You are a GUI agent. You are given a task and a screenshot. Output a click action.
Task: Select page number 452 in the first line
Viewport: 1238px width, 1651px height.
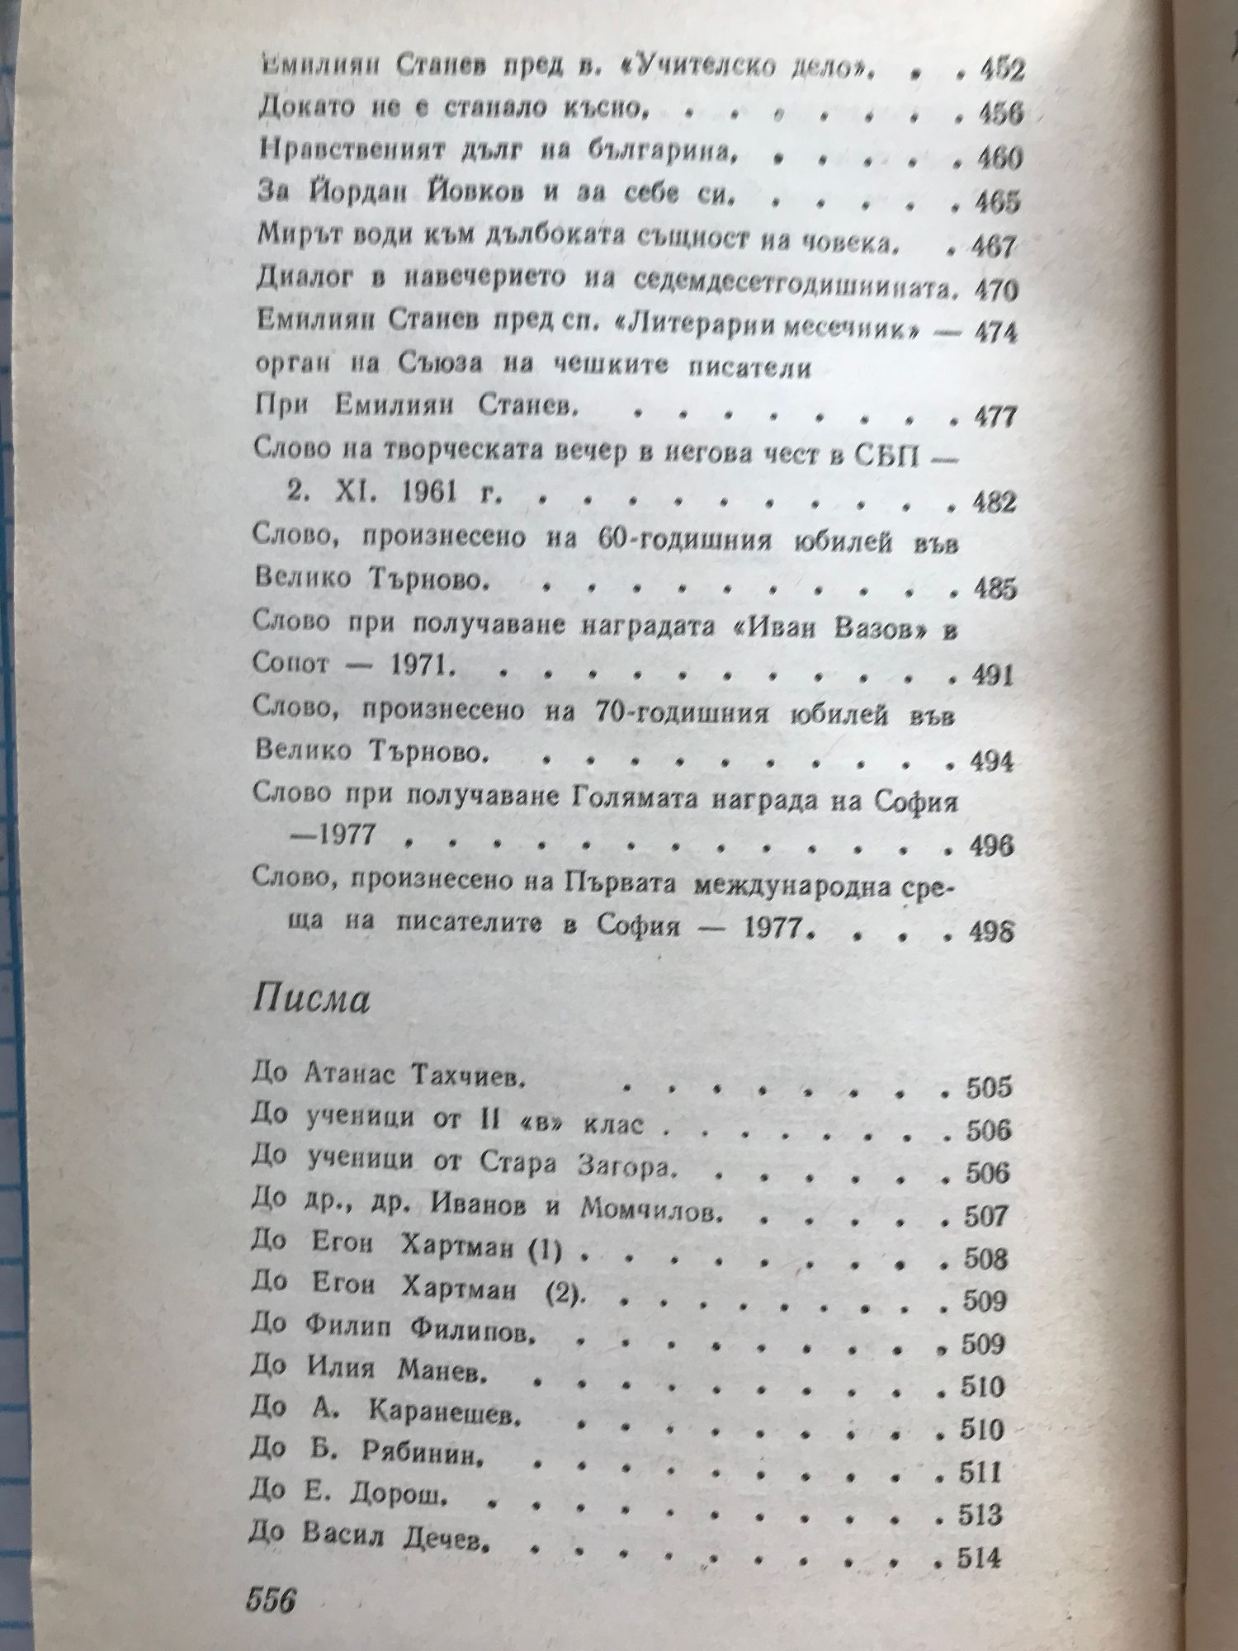(1000, 70)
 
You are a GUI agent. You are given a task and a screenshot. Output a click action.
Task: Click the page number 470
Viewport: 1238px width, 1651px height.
(996, 290)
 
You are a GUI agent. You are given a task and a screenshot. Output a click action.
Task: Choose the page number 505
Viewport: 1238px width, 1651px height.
(988, 1087)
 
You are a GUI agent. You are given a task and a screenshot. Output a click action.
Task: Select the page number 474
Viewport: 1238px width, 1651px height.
(996, 334)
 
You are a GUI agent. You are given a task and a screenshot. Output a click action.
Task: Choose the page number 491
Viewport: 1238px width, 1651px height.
(991, 676)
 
